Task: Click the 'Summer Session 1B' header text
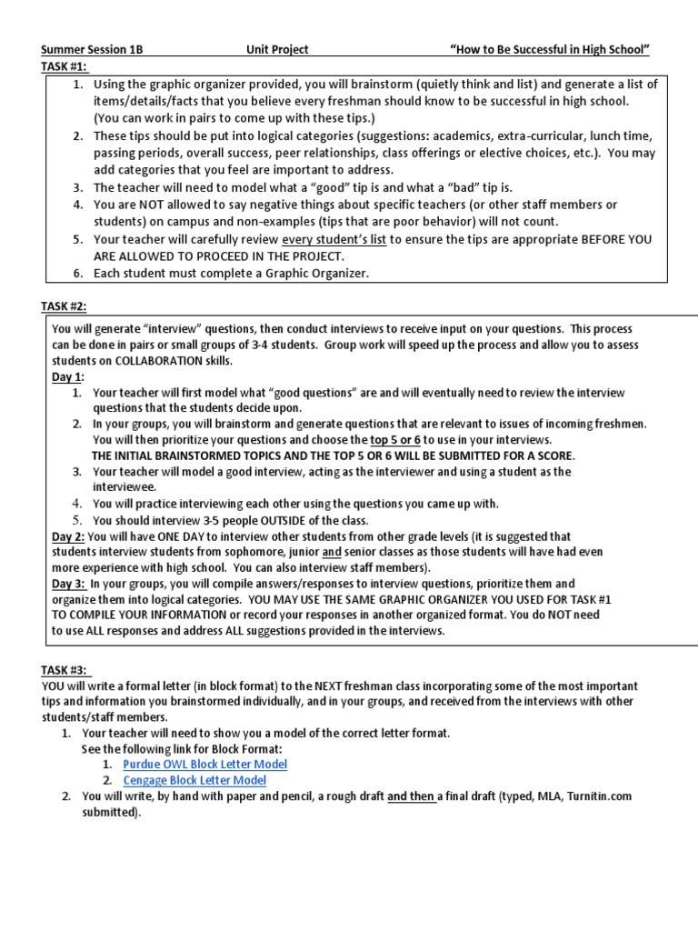92,50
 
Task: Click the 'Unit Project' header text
277,50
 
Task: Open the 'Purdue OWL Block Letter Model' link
204,764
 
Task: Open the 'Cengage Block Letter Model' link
195,780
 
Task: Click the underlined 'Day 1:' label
68,376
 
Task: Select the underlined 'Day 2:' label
68,536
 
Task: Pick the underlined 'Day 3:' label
68,583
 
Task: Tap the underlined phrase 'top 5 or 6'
395,439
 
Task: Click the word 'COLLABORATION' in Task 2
154,361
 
